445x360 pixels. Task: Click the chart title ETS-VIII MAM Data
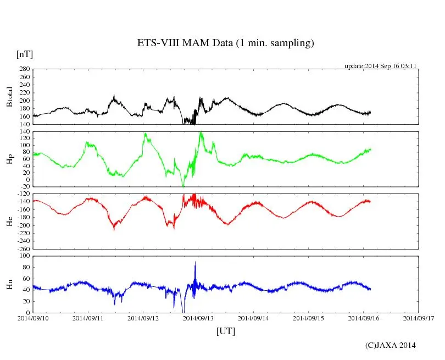(x=225, y=43)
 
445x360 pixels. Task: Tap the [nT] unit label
(x=25, y=54)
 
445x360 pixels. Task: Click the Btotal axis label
(x=9, y=96)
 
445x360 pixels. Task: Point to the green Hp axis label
(x=9, y=159)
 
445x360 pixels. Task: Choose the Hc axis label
(x=9, y=221)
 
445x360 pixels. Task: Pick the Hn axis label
(x=9, y=284)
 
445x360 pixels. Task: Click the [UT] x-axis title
(x=225, y=331)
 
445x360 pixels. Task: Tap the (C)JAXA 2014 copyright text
(x=390, y=345)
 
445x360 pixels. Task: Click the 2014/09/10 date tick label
(x=32, y=318)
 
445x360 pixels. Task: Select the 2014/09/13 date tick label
(x=198, y=318)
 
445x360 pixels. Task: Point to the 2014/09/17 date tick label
(x=418, y=318)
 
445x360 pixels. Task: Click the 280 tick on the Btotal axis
(x=24, y=69)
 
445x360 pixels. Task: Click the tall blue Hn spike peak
(x=195, y=263)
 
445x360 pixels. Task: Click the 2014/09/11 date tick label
(x=88, y=318)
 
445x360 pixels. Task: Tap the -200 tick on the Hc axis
(x=23, y=225)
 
